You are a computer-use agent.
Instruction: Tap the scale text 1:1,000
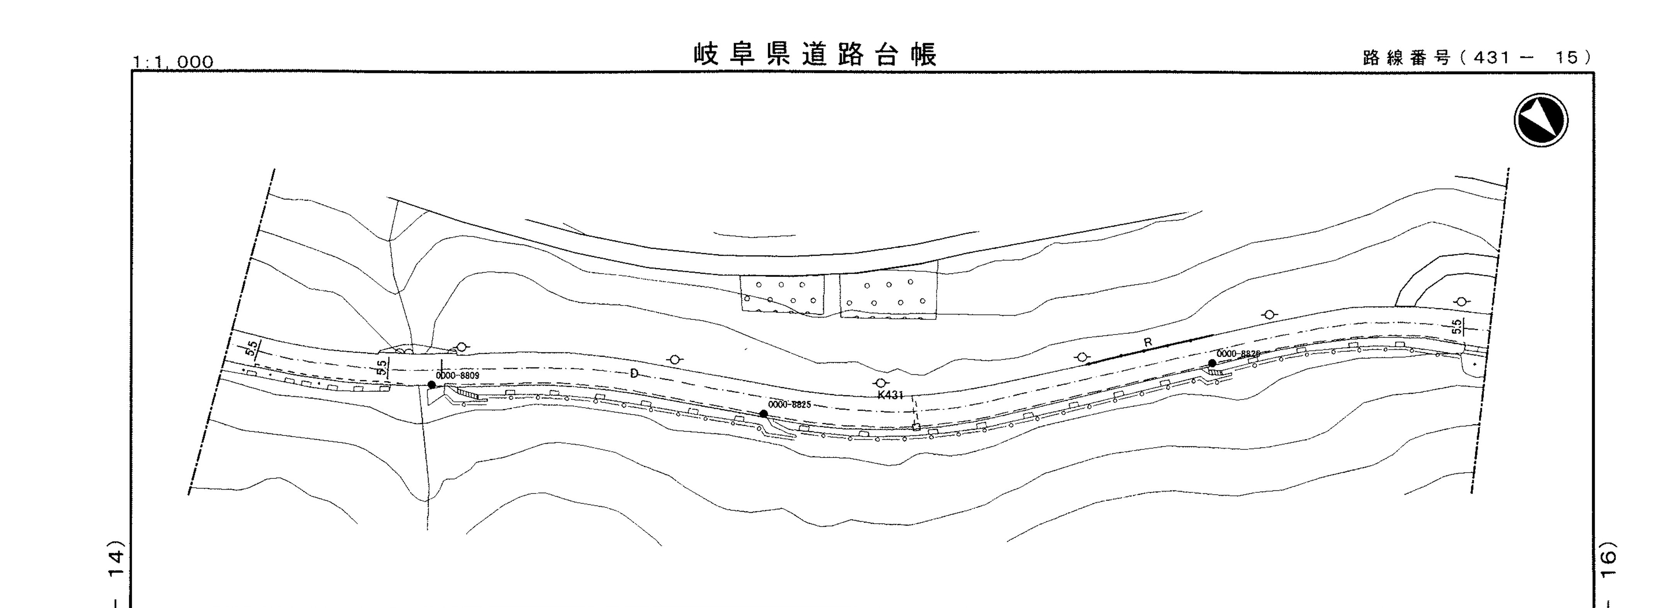point(173,61)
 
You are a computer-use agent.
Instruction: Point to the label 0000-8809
point(457,375)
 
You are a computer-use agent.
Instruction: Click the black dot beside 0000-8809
point(431,385)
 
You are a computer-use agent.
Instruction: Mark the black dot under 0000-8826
point(1212,364)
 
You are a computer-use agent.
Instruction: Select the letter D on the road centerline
point(634,373)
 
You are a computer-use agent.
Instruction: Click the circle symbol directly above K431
point(881,383)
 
